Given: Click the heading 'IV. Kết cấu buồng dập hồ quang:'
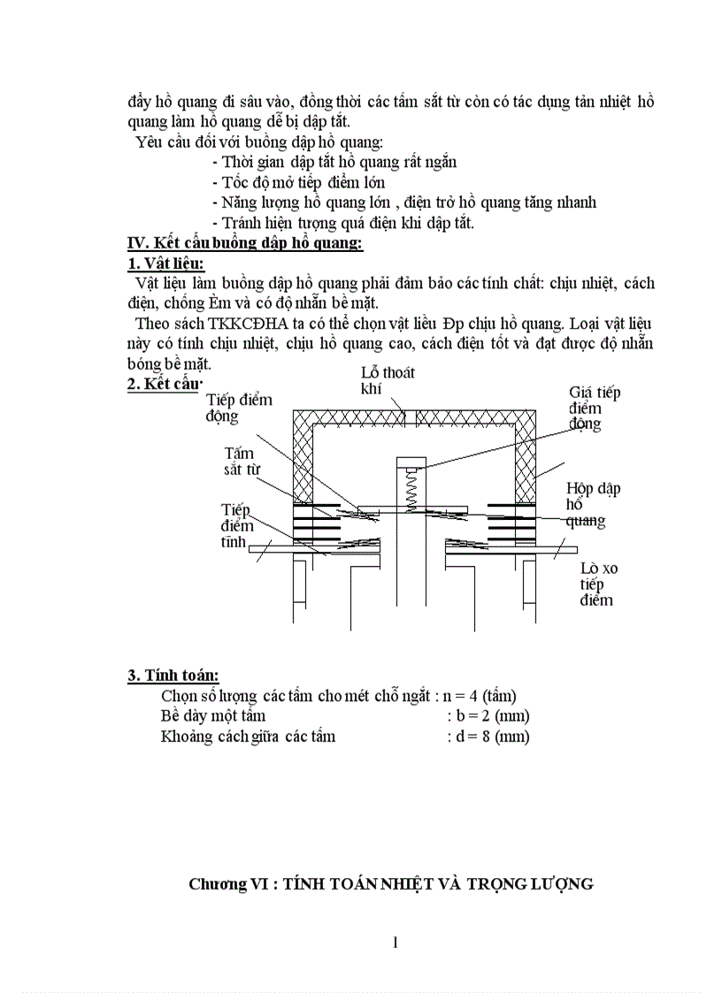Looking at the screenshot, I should [x=245, y=243].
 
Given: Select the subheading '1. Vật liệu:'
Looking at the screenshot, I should [x=166, y=264].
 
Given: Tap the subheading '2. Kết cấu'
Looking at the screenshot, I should [x=165, y=382].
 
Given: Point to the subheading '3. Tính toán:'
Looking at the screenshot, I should [x=173, y=676].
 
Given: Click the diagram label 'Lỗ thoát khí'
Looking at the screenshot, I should [x=388, y=381].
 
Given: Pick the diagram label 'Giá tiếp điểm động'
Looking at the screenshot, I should [x=594, y=408].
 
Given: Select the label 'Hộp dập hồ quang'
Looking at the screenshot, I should [x=588, y=504].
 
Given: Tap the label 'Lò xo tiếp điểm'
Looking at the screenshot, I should [x=598, y=584].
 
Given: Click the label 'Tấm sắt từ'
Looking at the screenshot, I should [x=242, y=461].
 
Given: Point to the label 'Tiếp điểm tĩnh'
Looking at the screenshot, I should [x=236, y=526].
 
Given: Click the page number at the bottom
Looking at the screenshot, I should [x=396, y=942].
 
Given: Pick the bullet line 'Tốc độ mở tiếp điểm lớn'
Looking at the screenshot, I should [x=299, y=182].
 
